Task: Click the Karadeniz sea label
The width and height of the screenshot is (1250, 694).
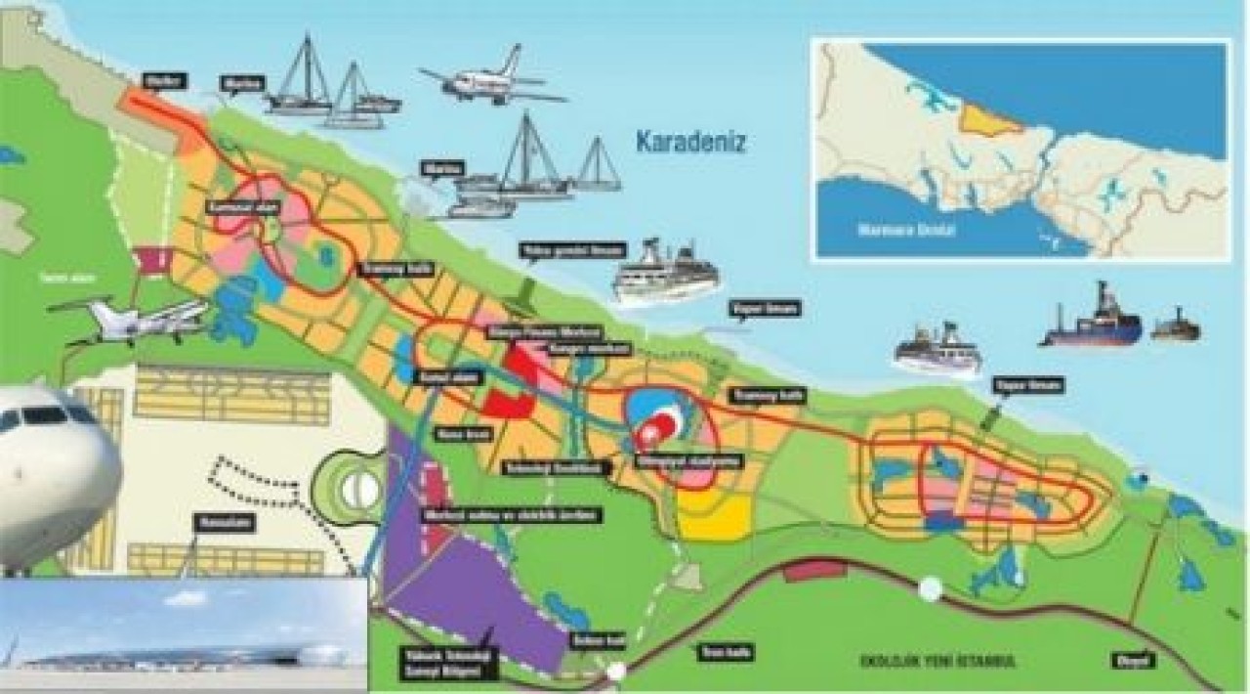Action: (x=690, y=143)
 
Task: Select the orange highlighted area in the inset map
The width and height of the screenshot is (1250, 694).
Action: (x=988, y=118)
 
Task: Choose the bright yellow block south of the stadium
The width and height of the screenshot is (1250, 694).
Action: (x=715, y=516)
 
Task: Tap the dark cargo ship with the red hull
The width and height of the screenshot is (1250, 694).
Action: (x=1090, y=321)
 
